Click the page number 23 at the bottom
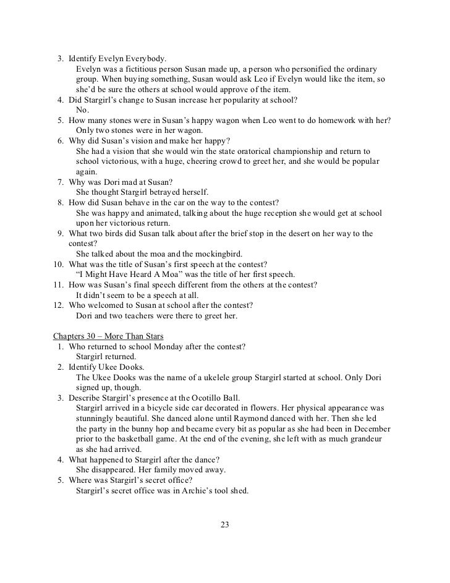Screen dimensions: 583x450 (224, 526)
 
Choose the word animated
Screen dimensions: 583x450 (163, 213)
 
